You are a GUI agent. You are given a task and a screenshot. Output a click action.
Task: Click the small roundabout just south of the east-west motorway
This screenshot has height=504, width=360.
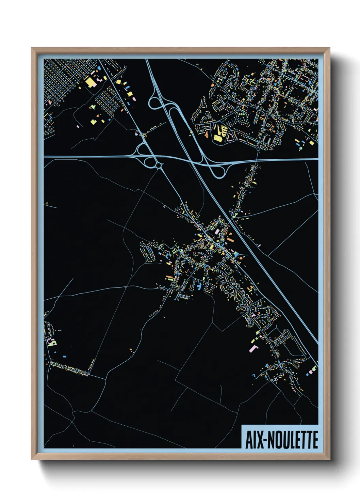coord(159,166)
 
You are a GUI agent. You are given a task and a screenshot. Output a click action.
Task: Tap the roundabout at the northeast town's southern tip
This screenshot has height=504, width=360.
coord(258,149)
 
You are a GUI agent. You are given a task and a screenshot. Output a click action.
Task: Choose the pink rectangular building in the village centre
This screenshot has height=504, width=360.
coord(217,232)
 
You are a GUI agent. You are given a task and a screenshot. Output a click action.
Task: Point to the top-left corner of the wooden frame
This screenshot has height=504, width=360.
coord(32,48)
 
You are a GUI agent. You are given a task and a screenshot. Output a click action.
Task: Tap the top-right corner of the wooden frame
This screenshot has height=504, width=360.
coord(330,48)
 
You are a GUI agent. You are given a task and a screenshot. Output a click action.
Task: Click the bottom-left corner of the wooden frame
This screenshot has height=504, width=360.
coord(32,459)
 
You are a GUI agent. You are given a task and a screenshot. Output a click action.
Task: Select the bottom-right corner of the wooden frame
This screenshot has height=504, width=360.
coord(330,459)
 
